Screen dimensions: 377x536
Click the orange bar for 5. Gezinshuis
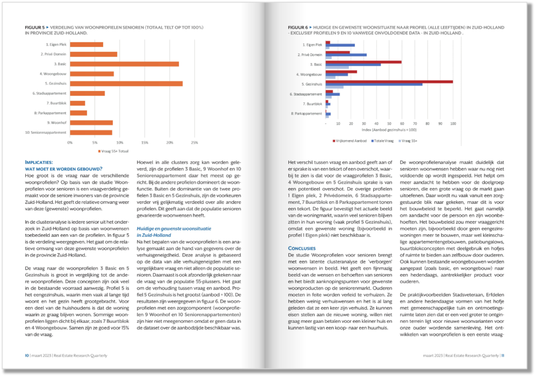click(x=126, y=84)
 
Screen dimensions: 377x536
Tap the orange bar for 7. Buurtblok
click(x=77, y=103)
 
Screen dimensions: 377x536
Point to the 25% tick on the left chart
click(x=194, y=142)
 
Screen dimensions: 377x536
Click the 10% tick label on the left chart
click(x=119, y=142)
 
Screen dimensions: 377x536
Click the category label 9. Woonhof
click(x=56, y=122)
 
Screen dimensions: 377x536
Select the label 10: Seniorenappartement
click(x=46, y=132)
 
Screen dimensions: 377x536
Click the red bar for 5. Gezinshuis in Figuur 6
click(x=389, y=82)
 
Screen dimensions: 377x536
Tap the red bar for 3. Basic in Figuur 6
click(x=363, y=62)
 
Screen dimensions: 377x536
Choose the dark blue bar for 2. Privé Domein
click(x=346, y=54)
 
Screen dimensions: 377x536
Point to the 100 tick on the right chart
click(x=453, y=124)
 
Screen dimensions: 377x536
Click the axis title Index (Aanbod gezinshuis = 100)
click(x=389, y=129)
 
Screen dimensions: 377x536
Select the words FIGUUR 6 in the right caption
click(x=299, y=27)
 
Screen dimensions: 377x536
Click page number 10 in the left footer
click(x=27, y=355)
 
